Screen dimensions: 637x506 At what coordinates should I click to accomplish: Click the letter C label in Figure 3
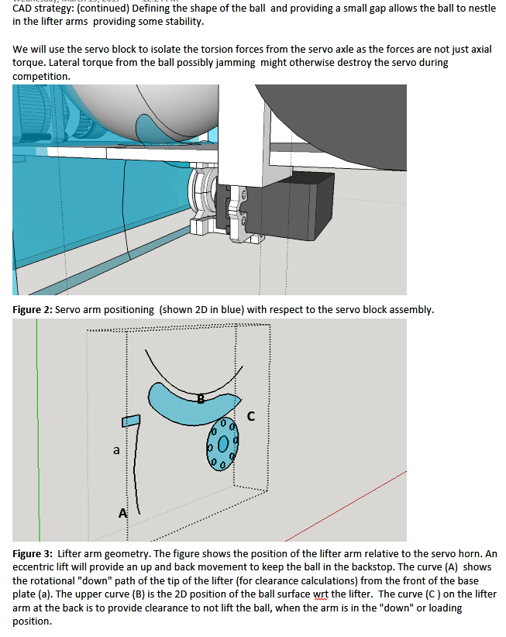(x=250, y=416)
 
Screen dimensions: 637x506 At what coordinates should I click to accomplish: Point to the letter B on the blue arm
(x=201, y=400)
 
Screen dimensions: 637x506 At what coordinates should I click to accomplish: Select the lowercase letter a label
(x=116, y=449)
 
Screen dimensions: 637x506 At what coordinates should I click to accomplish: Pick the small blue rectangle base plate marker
(x=129, y=420)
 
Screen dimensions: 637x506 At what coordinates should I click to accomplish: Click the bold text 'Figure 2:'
(x=33, y=310)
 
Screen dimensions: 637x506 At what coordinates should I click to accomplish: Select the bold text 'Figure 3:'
(x=33, y=554)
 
